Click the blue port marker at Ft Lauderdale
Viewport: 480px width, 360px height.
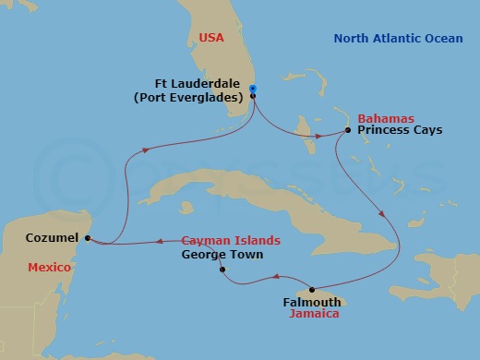pos(252,90)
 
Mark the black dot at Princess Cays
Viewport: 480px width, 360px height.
pos(347,130)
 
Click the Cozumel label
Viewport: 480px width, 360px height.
pos(51,237)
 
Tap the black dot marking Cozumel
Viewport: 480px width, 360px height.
pos(88,238)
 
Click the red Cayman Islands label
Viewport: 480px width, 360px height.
pos(230,240)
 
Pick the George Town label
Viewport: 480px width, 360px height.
pos(222,254)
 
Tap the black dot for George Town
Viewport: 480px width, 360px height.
pos(222,270)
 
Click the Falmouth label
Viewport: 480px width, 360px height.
pos(311,301)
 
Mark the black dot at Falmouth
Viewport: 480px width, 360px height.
pos(312,289)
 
